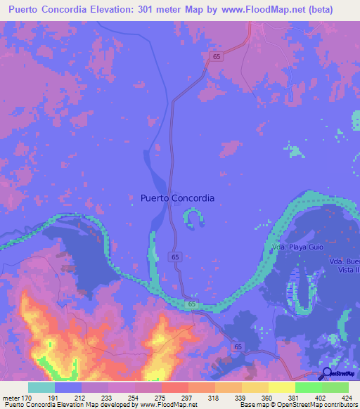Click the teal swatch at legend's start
tap(41, 387)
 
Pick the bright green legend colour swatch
tap(308, 387)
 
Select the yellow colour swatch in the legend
tap(281, 387)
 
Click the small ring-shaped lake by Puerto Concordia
tap(193, 219)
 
